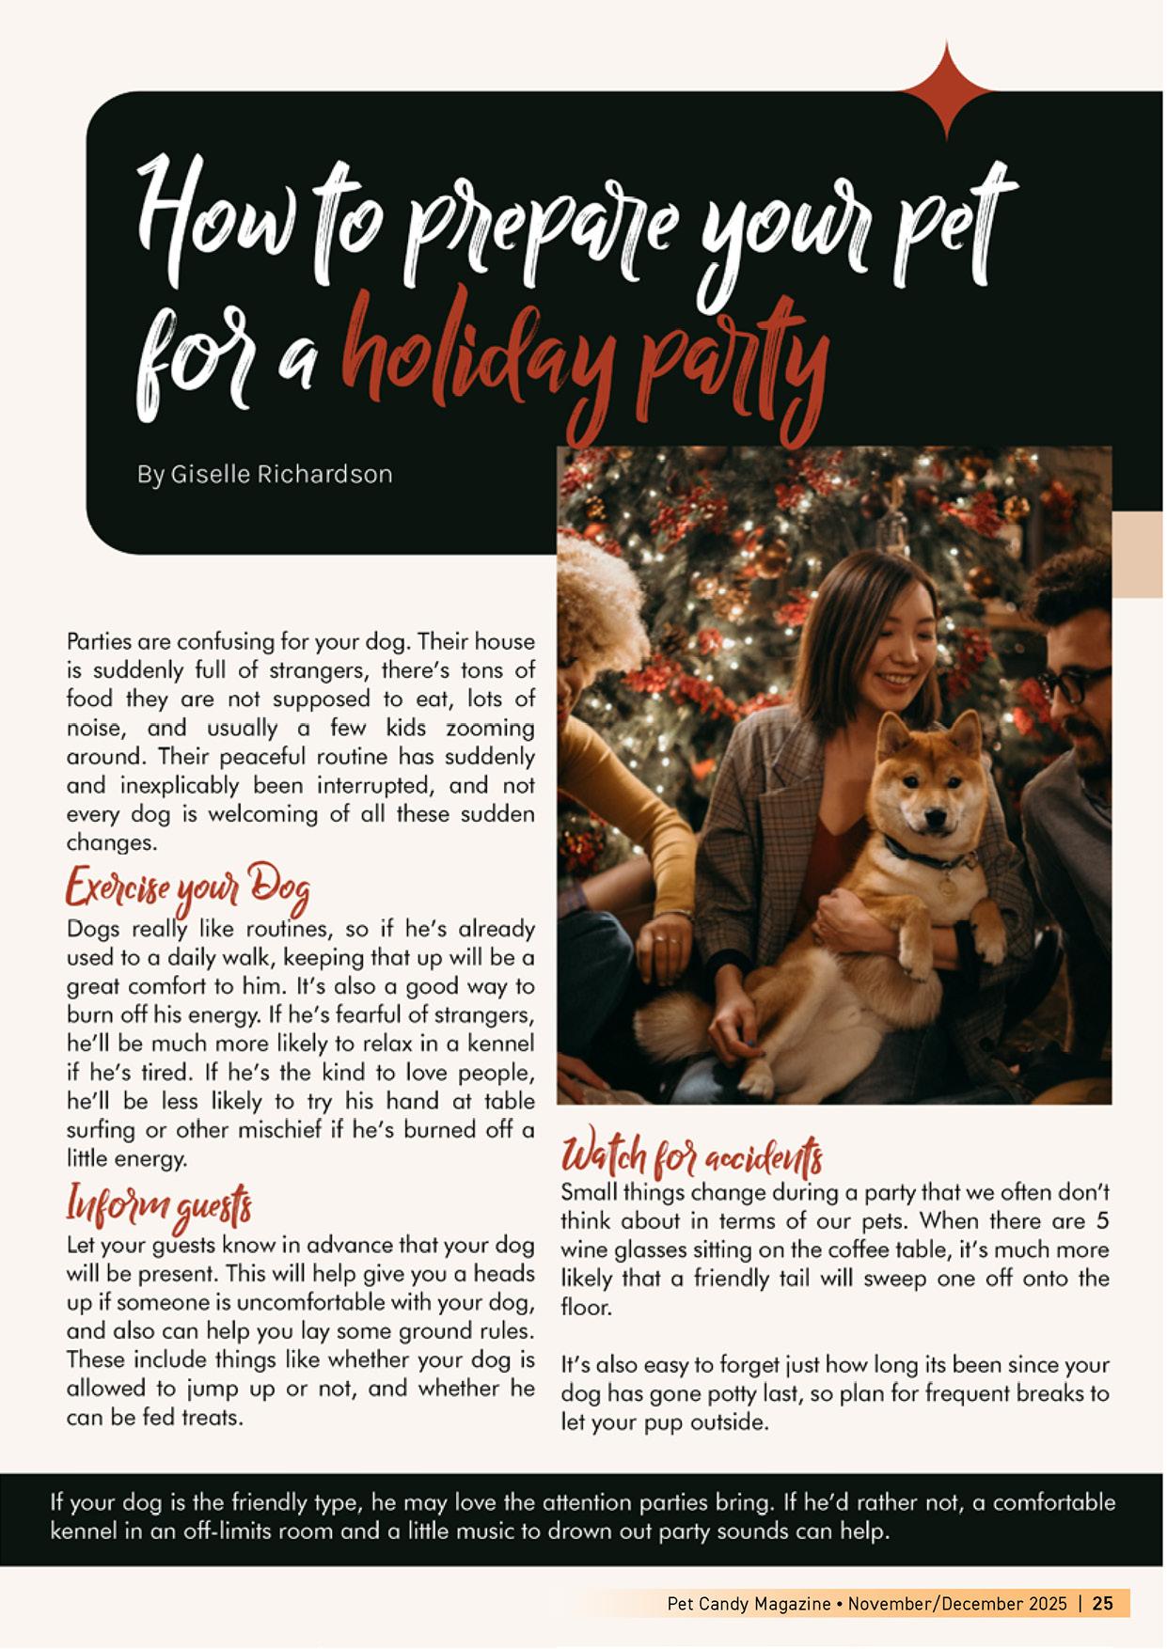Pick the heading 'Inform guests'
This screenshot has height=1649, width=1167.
159,1206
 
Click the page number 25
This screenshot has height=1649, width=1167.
1103,1603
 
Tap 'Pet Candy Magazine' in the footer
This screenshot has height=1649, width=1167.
749,1603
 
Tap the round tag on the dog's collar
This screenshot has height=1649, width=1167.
948,883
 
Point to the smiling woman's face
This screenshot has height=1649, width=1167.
894,649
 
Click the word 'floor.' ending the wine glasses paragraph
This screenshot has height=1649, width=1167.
586,1308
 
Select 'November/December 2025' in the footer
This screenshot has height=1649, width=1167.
957,1603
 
